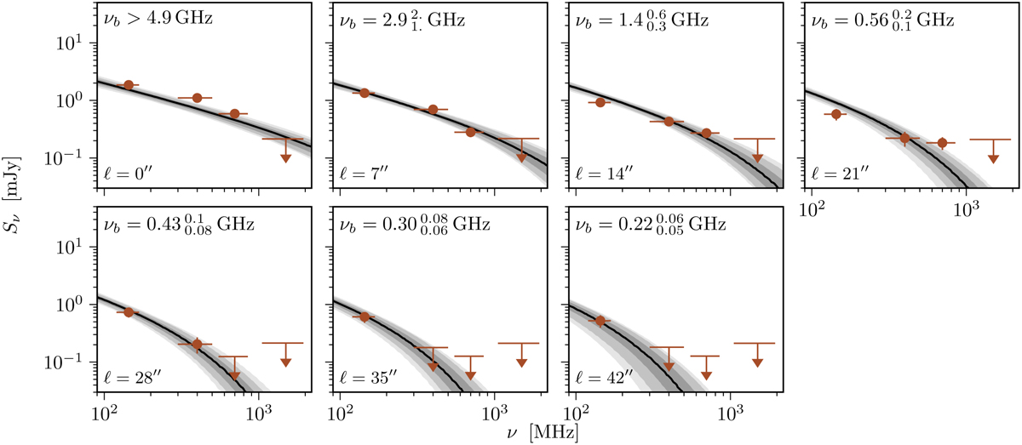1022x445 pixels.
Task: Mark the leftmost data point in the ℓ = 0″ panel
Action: [129, 85]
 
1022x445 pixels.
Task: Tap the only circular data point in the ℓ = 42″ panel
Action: [600, 321]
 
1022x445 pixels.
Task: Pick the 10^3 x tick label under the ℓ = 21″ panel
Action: [967, 207]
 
